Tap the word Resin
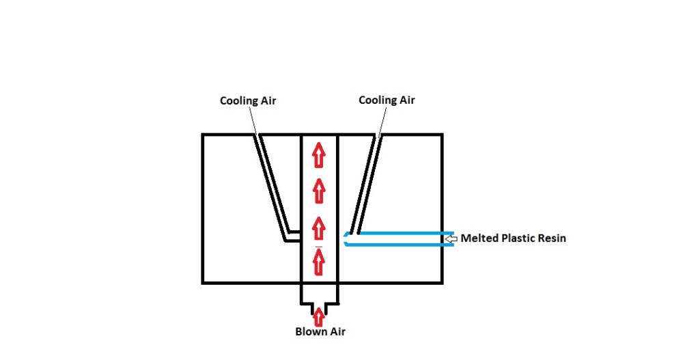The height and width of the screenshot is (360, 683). pyautogui.click(x=553, y=238)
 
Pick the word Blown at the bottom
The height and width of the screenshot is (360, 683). pyautogui.click(x=311, y=332)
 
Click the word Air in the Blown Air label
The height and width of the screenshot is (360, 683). pyautogui.click(x=337, y=332)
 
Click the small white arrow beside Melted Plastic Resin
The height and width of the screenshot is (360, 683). pyautogui.click(x=451, y=238)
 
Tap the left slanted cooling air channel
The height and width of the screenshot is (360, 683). pyautogui.click(x=273, y=184)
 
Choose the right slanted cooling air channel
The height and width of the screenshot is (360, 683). pyautogui.click(x=365, y=184)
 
